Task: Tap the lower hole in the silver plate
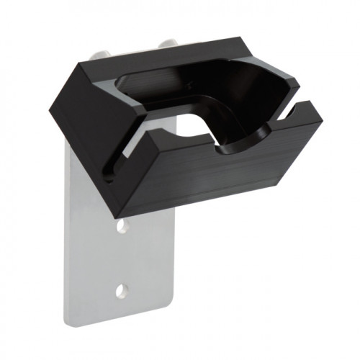pos(122,291)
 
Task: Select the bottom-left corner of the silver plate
pos(68,323)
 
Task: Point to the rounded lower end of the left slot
pos(109,175)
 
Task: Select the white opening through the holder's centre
pos(193,126)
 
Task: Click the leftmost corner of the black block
pos(50,114)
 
